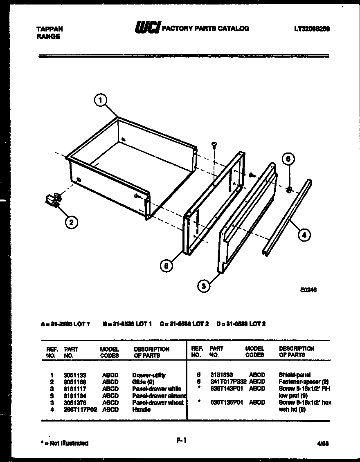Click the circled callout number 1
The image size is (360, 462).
click(x=101, y=100)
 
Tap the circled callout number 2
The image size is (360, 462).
click(x=71, y=222)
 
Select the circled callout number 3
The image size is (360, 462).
click(x=204, y=286)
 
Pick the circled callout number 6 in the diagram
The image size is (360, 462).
click(x=288, y=159)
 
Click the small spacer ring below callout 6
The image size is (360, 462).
click(x=289, y=189)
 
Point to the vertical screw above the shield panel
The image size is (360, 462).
click(x=214, y=146)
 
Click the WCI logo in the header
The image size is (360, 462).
click(x=147, y=28)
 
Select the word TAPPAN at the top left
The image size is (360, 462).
click(x=50, y=29)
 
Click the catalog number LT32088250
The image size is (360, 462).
click(x=312, y=29)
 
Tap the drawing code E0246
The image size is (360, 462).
click(x=308, y=290)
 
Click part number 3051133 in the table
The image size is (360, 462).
click(x=75, y=375)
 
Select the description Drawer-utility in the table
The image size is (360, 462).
click(x=149, y=375)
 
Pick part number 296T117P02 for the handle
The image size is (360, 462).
click(x=80, y=410)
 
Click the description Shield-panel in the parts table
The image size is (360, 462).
click(x=295, y=375)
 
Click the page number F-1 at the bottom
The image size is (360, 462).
click(x=181, y=440)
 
